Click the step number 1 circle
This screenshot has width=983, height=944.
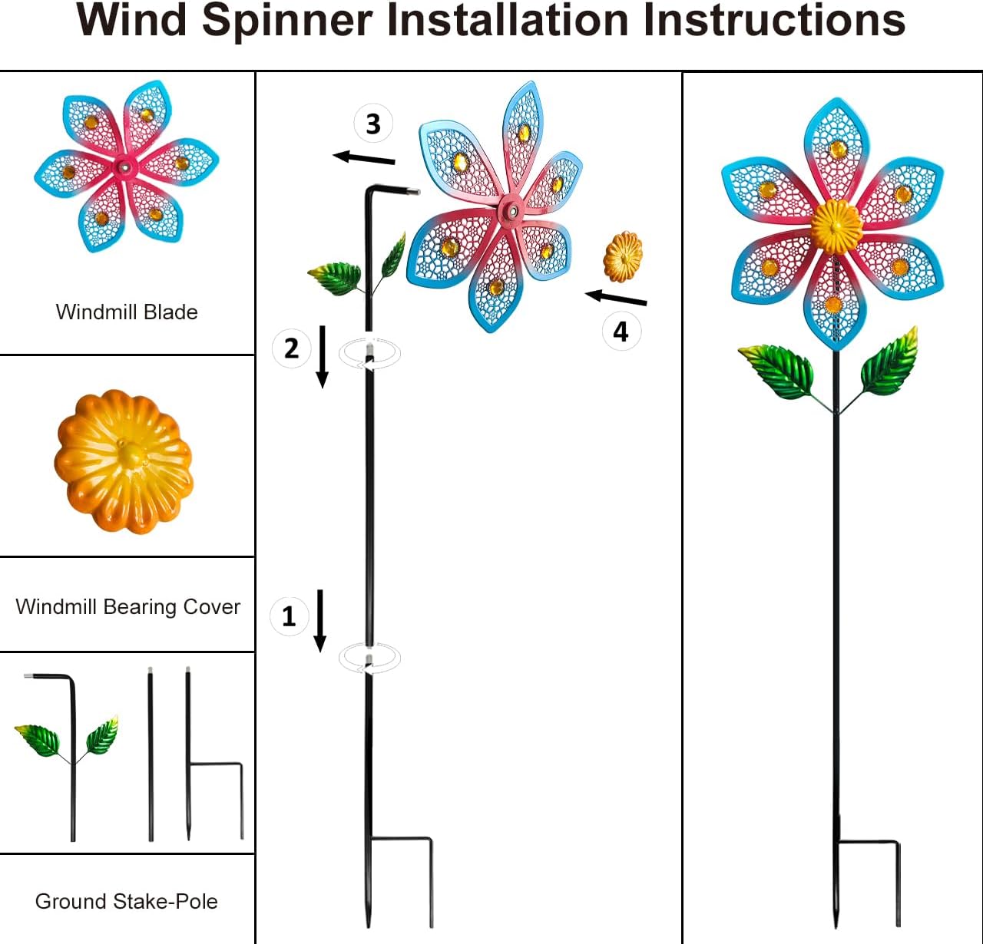[x=289, y=616]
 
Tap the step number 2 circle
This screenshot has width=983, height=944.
[x=291, y=348]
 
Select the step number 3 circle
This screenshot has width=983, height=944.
[x=372, y=124]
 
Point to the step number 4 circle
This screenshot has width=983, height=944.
[x=621, y=332]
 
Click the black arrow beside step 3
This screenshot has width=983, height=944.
[x=364, y=159]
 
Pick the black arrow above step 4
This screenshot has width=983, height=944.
[x=616, y=298]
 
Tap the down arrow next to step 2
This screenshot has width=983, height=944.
[x=323, y=356]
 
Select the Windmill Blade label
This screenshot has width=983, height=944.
[x=127, y=312]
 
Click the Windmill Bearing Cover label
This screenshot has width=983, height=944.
[x=127, y=607]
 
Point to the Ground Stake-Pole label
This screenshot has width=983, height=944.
[x=127, y=901]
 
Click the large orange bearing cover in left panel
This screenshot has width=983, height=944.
[x=123, y=460]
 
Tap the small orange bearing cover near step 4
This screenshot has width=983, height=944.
[x=623, y=257]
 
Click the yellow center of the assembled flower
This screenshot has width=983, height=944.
[x=836, y=226]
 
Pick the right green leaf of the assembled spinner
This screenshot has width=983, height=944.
[x=891, y=363]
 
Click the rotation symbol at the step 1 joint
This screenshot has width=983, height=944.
[x=370, y=658]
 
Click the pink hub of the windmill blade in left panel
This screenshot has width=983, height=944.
[x=123, y=166]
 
